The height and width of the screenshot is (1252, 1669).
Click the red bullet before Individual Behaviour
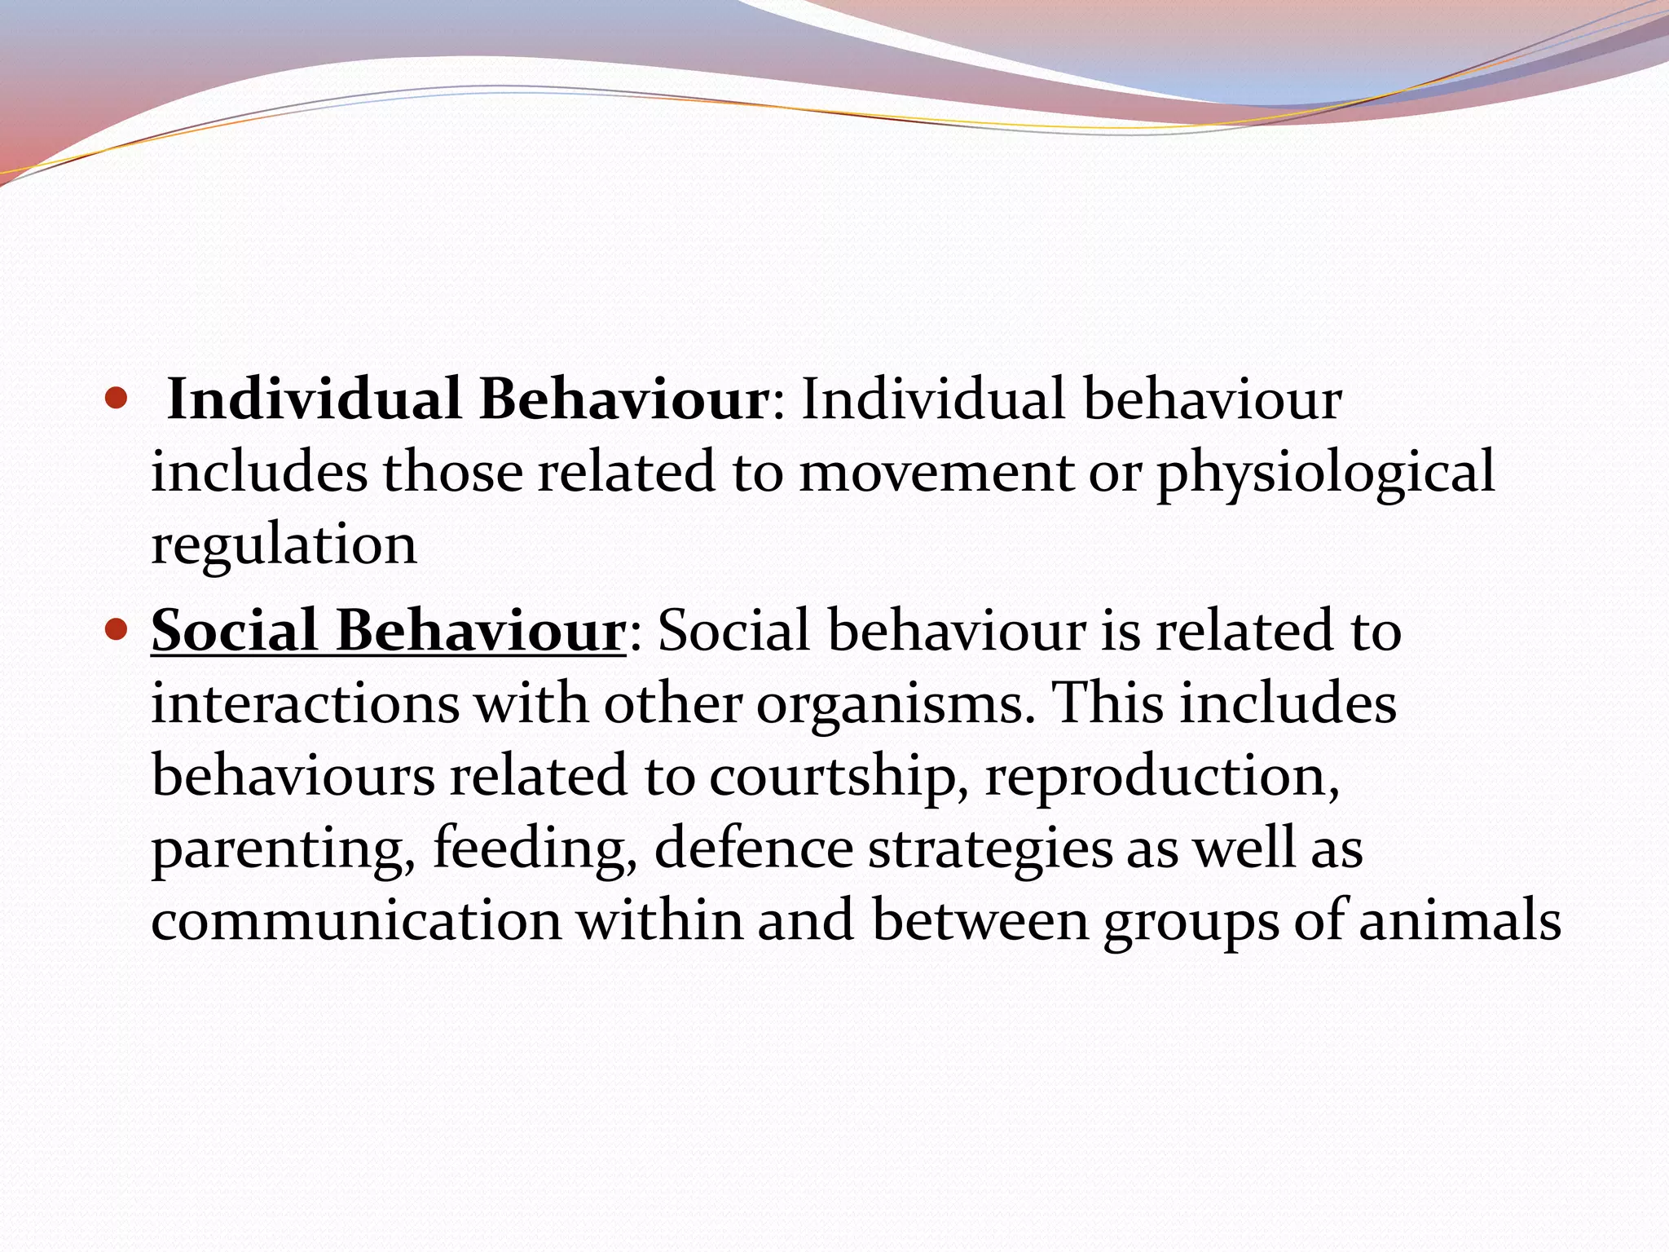[x=117, y=399]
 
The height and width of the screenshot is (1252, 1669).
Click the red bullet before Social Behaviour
[x=117, y=629]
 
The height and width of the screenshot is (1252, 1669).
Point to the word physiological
[x=1326, y=474]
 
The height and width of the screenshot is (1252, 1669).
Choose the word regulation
[x=284, y=544]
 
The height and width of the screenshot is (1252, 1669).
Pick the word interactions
[x=306, y=703]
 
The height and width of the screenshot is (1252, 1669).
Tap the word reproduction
[x=1162, y=776]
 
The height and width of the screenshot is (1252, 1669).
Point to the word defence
[x=753, y=848]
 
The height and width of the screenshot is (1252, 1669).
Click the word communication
[x=356, y=920]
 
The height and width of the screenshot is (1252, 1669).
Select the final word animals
[x=1460, y=920]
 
